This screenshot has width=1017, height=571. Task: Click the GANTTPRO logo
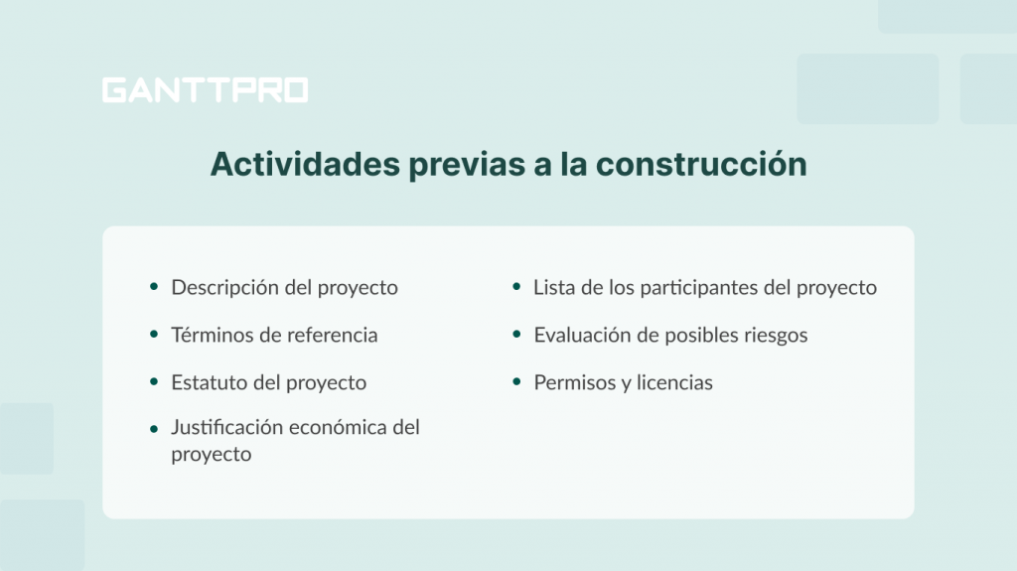(x=205, y=90)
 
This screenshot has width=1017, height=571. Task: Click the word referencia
(x=330, y=336)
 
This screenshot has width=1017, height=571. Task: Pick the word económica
(x=338, y=428)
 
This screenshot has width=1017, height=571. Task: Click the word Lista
(x=553, y=288)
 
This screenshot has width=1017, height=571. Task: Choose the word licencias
(x=674, y=383)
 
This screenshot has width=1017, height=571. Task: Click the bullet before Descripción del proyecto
(x=154, y=288)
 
